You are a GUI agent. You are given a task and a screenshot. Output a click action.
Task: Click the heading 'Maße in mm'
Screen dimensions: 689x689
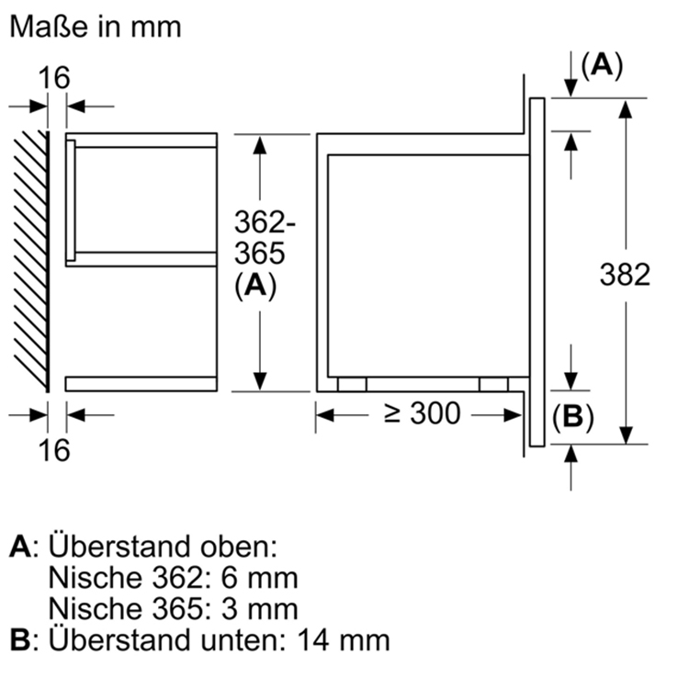coord(95,27)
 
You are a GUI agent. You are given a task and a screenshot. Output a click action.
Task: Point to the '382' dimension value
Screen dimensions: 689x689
coord(625,274)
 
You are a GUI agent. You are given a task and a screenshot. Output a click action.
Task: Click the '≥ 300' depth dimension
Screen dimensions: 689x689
coord(422,414)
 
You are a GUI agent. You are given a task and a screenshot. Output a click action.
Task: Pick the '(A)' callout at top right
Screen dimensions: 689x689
coord(602,65)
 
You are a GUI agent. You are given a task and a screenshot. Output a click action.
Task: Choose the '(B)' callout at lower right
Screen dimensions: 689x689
coord(573,418)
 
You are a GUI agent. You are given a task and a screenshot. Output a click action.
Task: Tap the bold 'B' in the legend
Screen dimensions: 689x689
coord(20,639)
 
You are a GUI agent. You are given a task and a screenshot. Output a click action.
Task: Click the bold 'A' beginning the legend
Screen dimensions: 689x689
coord(20,548)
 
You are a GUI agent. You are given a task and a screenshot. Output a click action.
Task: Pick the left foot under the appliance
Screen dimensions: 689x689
coord(351,385)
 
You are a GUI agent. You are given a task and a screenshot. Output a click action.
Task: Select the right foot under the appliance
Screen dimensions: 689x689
coord(493,385)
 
